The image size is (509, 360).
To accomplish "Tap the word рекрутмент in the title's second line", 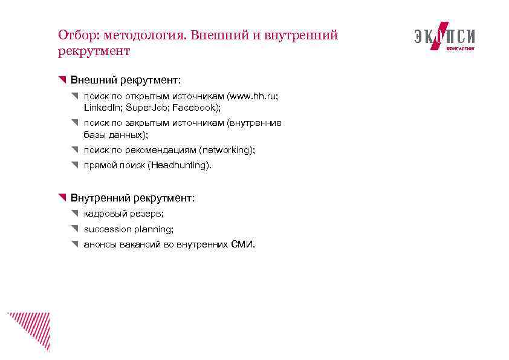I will [94, 51].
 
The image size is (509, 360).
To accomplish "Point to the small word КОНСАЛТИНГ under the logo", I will [460, 48].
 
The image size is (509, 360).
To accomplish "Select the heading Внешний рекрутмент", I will [125, 80].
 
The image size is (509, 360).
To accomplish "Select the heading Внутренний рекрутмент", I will [132, 198].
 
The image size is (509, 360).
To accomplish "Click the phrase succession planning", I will [128, 229].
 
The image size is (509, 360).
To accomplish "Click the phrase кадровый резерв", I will [123, 214].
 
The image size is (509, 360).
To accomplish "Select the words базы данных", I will [115, 134].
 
